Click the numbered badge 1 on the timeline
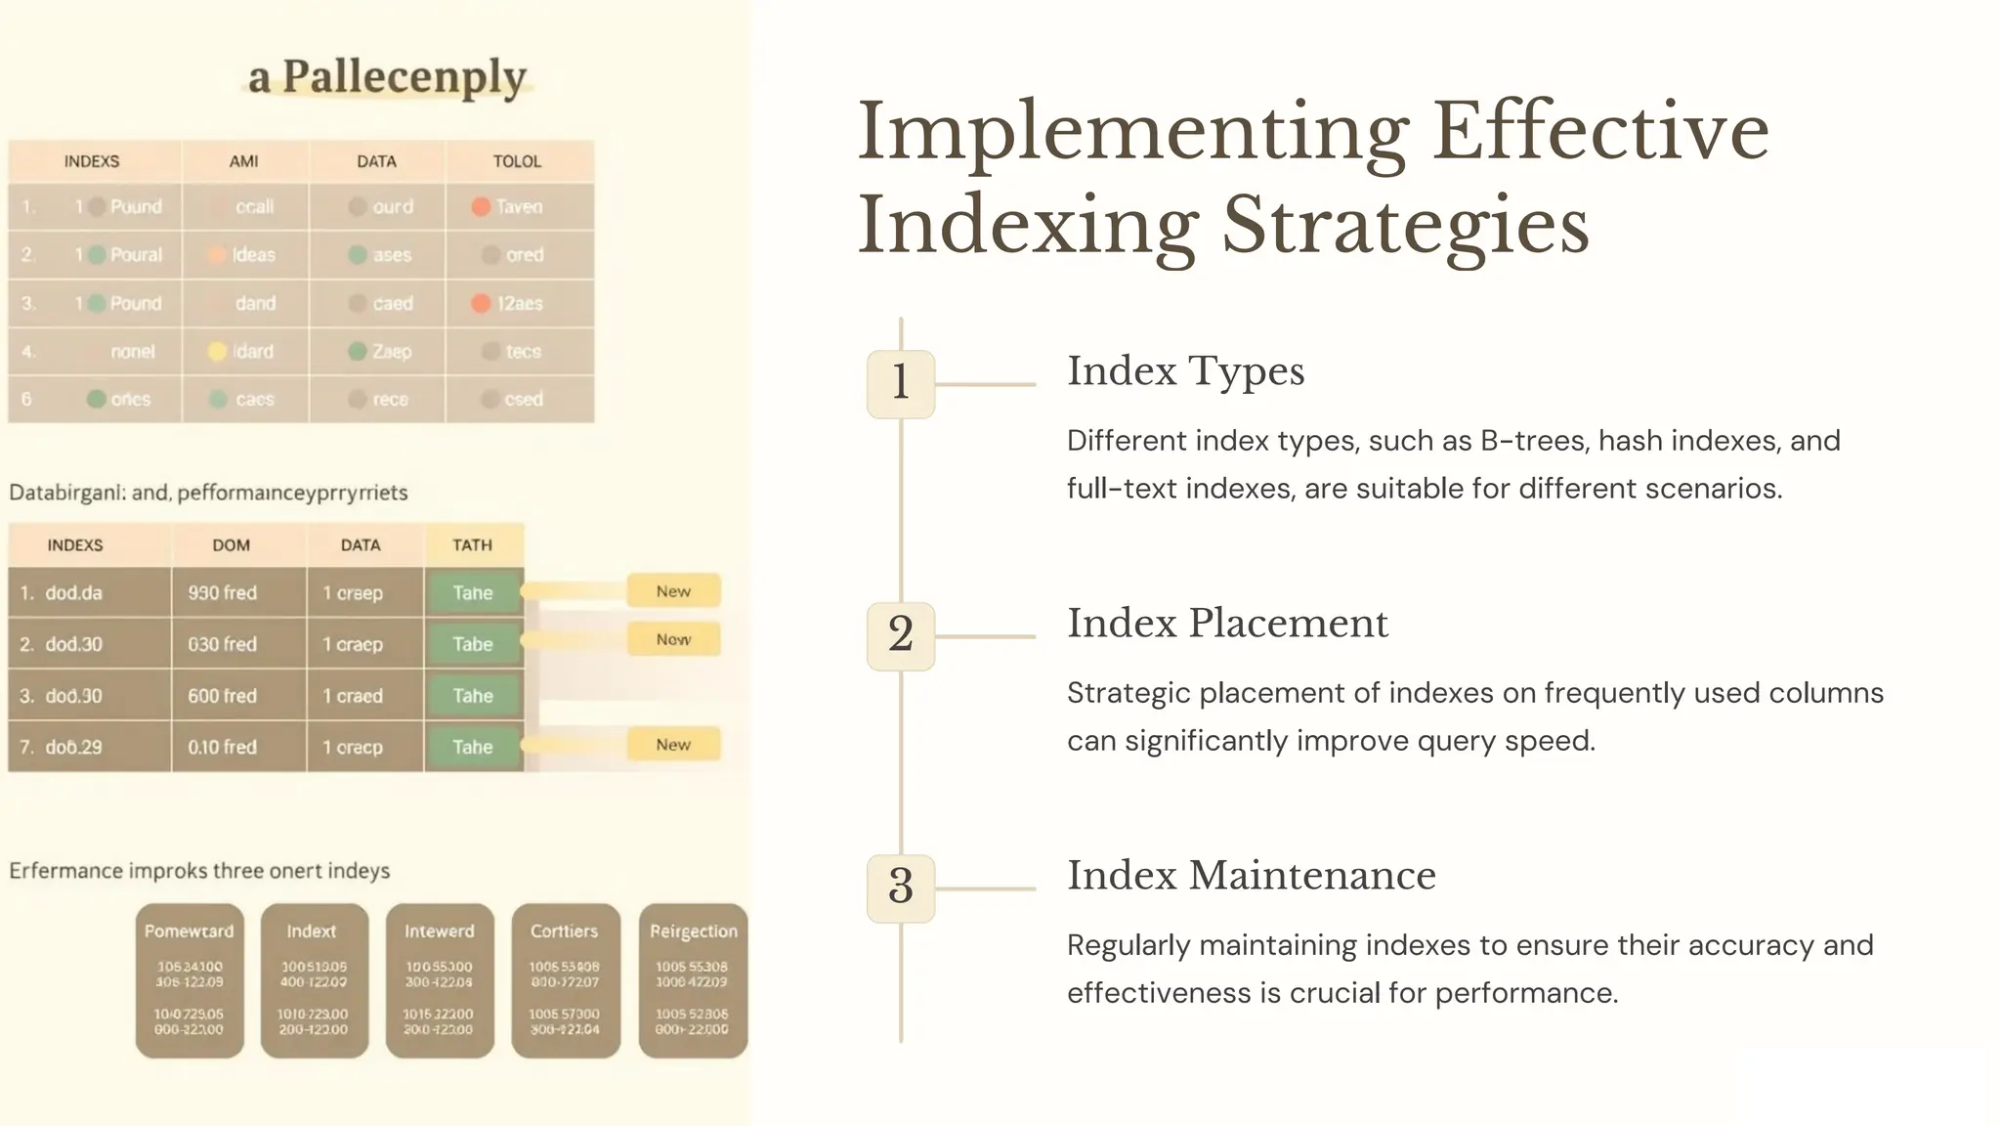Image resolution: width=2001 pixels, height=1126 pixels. [900, 383]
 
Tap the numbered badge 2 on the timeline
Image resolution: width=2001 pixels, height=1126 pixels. [900, 635]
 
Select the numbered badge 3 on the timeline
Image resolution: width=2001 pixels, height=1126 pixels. [900, 888]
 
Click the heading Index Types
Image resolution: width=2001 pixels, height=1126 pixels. [1185, 371]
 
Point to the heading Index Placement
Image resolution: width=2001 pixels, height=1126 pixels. [1227, 624]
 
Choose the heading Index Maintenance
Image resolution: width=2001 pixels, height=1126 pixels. [1251, 876]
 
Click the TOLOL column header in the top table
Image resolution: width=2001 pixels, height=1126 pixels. [517, 161]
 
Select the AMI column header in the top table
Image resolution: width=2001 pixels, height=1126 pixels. [244, 161]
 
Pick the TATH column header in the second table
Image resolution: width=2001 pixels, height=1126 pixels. [473, 545]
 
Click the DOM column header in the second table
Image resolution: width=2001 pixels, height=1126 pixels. [232, 545]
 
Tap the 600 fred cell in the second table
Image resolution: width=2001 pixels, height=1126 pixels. [223, 696]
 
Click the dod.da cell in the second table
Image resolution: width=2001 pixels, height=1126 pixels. [73, 593]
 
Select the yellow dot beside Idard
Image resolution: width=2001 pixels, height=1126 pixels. [218, 351]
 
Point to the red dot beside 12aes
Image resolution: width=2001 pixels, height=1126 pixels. [481, 303]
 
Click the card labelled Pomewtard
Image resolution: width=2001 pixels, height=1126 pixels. [190, 980]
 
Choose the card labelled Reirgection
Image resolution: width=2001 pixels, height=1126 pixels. [693, 980]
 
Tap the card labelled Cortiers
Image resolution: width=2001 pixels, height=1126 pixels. [565, 980]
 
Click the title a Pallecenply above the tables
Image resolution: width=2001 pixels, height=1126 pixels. [387, 77]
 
